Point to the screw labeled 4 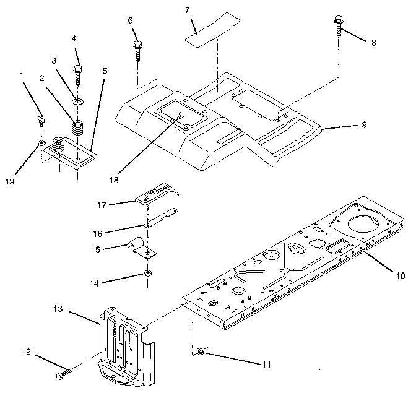(78, 74)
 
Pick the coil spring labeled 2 (77, 127)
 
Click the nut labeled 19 (41, 144)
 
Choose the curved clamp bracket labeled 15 (143, 247)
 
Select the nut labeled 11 (201, 352)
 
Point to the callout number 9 (364, 124)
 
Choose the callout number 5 (105, 71)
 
